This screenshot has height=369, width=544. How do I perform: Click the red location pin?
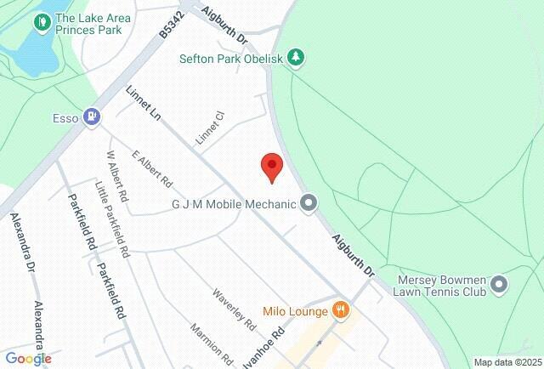[x=271, y=166]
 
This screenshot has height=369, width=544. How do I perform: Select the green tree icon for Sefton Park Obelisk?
[x=296, y=58]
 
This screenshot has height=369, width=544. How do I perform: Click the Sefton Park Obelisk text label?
[x=231, y=59]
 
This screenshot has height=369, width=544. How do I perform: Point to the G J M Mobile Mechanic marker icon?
[x=309, y=203]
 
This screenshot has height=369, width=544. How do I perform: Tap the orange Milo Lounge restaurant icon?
[x=340, y=309]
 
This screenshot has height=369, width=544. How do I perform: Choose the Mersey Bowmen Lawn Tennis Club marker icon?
[x=498, y=283]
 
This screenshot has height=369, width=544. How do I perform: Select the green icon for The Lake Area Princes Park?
[x=39, y=21]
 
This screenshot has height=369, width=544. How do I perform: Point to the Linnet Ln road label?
[x=144, y=105]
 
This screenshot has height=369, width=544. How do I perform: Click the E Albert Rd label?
[x=152, y=168]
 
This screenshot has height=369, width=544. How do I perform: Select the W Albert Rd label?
[x=116, y=176]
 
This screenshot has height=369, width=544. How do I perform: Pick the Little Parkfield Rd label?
[x=112, y=219]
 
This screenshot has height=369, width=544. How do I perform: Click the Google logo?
[x=28, y=359]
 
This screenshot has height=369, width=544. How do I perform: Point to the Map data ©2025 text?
[x=505, y=362]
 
